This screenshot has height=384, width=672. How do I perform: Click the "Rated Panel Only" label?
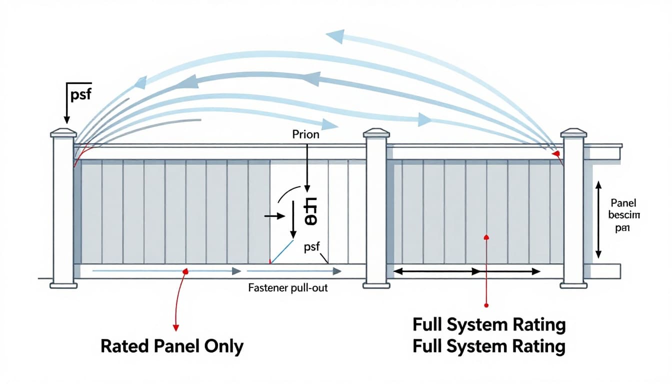(x=172, y=346)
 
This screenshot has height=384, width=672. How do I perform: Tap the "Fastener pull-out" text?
(x=288, y=288)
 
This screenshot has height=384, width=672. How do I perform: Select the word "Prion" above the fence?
(x=306, y=134)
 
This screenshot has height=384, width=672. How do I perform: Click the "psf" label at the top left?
(x=81, y=94)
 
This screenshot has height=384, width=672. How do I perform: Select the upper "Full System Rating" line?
(x=489, y=325)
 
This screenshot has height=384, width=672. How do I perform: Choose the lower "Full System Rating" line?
(x=489, y=346)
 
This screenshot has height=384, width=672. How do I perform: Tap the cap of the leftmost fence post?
(x=63, y=132)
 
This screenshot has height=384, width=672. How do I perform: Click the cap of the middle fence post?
(x=376, y=132)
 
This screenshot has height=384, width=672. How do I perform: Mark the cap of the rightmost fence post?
(x=573, y=132)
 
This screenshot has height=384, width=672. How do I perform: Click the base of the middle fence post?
(x=376, y=285)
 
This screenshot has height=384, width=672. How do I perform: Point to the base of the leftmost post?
(x=63, y=285)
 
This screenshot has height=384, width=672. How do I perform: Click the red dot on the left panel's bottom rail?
(x=185, y=271)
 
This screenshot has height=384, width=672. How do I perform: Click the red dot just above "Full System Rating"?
(x=486, y=304)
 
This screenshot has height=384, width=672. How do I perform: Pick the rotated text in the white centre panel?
(x=311, y=212)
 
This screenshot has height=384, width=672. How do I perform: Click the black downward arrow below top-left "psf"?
(x=66, y=105)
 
